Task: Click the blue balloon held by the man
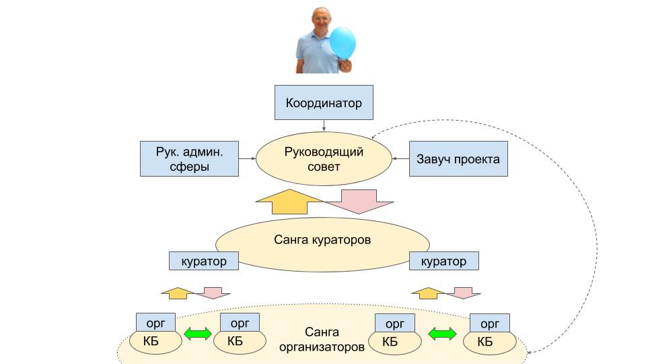343,42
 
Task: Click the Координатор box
324,103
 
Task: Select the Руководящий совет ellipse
324,158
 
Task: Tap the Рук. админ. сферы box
189,158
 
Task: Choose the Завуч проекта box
458,159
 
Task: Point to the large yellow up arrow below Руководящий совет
290,202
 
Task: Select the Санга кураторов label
323,239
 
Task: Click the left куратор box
203,261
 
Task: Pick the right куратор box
443,261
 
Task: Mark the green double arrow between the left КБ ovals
198,334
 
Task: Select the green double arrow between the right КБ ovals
442,334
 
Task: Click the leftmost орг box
155,322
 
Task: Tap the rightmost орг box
489,322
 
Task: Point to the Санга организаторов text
322,340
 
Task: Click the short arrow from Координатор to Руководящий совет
324,125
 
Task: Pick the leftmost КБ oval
159,342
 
